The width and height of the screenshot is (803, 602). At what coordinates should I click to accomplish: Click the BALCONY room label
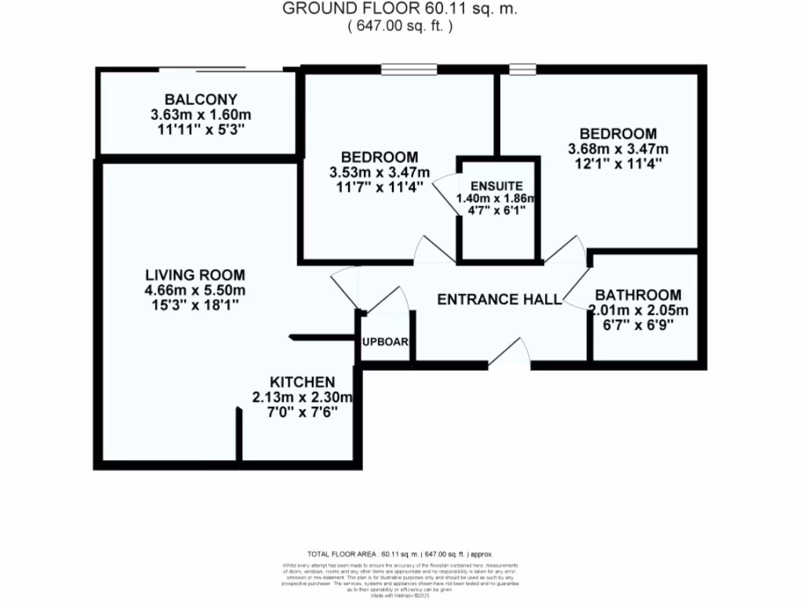click(201, 100)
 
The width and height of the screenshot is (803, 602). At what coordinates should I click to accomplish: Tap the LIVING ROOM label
click(194, 275)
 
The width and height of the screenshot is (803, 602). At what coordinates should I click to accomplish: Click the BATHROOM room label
click(638, 295)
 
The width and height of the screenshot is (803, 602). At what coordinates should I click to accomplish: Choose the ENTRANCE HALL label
click(499, 299)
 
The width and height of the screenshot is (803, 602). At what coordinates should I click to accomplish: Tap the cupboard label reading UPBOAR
click(385, 342)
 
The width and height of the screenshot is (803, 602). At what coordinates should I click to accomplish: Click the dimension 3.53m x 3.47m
click(379, 172)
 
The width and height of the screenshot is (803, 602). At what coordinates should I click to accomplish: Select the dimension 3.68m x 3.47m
click(618, 149)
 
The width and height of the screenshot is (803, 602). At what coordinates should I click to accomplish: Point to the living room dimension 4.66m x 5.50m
click(194, 290)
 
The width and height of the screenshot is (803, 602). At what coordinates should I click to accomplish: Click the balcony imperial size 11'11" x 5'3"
click(201, 130)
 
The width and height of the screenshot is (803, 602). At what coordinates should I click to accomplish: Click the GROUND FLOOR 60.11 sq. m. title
click(401, 9)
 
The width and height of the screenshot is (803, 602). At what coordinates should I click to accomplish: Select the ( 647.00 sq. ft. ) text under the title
click(401, 26)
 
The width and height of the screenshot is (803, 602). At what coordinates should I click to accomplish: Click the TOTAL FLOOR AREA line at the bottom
click(401, 553)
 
